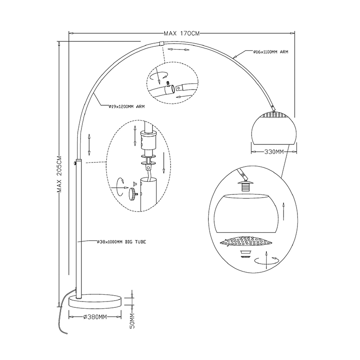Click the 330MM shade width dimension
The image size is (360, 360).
pos(274,152)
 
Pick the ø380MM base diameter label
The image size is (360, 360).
pos(95,317)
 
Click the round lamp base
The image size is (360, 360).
pos(95,301)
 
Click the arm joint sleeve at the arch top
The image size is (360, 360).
pos(162,44)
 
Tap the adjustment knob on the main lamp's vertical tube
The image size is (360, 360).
pos(74,162)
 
